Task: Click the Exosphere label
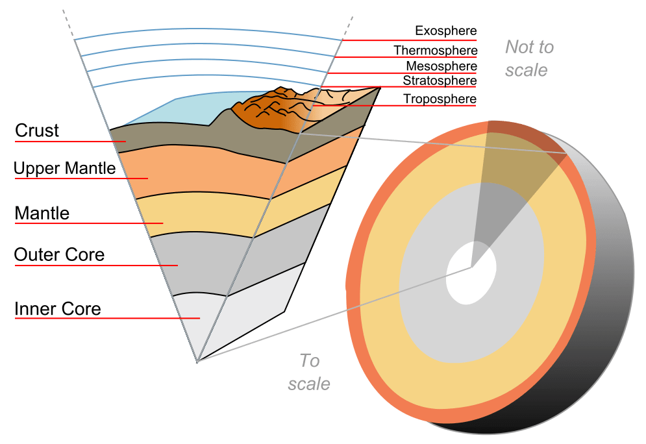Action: pos(445,31)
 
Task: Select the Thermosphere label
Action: pos(435,50)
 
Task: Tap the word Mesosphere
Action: pos(441,66)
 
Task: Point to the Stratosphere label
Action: pos(440,80)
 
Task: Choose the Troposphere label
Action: pos(440,99)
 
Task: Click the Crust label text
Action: pos(37,130)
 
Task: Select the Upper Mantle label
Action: pos(64,169)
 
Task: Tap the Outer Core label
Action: pos(59,254)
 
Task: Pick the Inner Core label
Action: pos(58,308)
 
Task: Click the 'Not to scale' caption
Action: pos(528,58)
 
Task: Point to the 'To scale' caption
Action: pos(309,371)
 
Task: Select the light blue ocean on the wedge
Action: pos(175,110)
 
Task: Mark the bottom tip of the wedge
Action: pos(197,360)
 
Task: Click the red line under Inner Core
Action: pos(107,319)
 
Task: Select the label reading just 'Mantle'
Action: pos(42,213)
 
